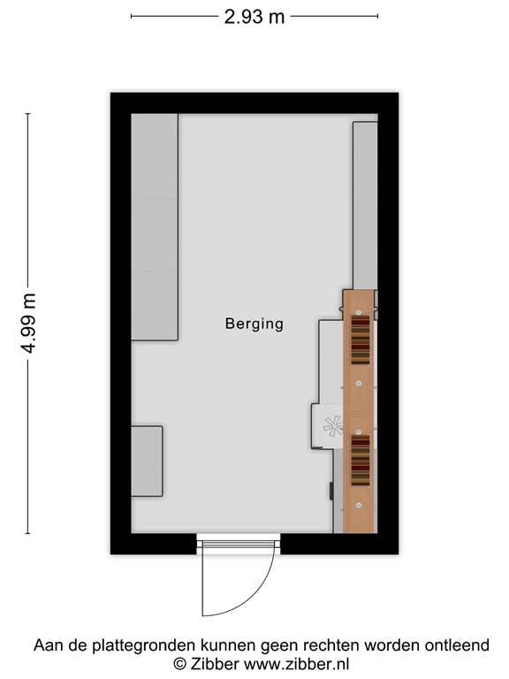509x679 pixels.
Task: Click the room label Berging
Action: point(254,324)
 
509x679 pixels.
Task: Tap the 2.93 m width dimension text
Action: point(254,16)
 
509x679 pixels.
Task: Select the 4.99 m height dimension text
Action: point(28,324)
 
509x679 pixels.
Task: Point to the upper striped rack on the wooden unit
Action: point(360,341)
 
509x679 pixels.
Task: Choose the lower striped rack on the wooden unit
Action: point(360,460)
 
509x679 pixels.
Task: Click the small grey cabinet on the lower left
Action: point(147,461)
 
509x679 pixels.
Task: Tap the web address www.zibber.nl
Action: point(296,663)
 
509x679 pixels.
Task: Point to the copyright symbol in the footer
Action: point(179,663)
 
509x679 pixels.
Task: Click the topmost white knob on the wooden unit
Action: point(360,311)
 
